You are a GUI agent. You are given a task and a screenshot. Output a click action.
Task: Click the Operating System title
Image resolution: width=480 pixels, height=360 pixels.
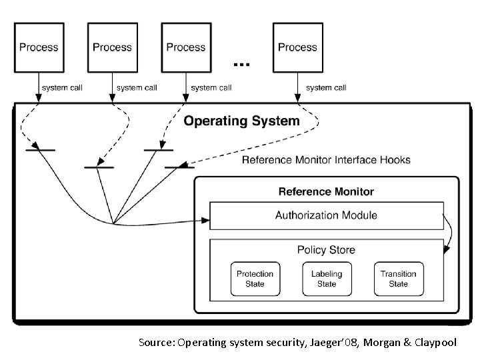tap(241, 121)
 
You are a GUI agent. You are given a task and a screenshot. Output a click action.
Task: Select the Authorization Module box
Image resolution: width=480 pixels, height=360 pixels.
tap(326, 215)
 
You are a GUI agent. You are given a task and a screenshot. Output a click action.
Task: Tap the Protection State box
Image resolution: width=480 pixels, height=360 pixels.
tap(255, 279)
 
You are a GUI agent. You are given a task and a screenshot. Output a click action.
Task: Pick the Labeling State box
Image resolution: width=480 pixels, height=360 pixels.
tap(326, 279)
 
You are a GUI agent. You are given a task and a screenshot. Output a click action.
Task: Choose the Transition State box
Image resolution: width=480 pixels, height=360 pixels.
tap(398, 279)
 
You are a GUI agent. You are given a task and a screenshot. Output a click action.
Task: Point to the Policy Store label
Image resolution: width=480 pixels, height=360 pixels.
tap(326, 250)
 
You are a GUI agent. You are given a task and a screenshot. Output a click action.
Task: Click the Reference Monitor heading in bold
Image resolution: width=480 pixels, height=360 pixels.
tap(326, 191)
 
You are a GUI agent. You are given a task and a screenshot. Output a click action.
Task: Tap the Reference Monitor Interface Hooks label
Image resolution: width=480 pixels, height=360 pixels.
tap(326, 160)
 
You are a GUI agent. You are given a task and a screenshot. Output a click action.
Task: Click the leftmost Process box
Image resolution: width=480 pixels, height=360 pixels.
tap(39, 47)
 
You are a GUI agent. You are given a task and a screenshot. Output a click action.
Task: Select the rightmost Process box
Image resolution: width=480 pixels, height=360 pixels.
tap(297, 47)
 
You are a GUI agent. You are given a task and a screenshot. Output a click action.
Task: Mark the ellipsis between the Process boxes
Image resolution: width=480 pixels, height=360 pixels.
tap(241, 64)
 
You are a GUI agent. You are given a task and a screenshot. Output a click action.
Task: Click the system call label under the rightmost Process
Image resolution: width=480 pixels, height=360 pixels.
tap(326, 87)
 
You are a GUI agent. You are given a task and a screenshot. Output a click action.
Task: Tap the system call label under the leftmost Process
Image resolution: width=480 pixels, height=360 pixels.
tap(62, 87)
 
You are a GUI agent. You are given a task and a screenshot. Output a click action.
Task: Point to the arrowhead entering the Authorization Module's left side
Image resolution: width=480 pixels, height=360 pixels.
tap(206, 219)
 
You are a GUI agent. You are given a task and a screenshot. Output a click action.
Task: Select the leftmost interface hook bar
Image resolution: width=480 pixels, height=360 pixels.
tap(40, 151)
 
